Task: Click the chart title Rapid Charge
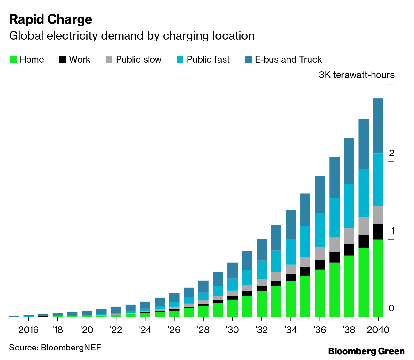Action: (50, 19)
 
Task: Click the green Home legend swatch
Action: (13, 60)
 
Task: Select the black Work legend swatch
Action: (63, 60)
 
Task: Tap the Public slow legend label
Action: (138, 60)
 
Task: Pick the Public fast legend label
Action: (208, 60)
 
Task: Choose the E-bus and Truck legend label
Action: (288, 60)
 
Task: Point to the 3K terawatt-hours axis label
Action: (356, 75)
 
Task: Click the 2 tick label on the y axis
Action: (391, 154)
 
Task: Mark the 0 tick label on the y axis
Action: (391, 309)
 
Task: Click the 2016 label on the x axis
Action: (28, 330)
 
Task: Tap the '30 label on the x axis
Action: (232, 330)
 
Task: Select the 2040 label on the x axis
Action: (378, 330)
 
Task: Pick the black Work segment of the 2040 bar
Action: (378, 232)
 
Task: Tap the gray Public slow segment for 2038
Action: (349, 236)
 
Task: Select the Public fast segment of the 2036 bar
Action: (320, 230)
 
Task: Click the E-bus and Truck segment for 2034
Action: (291, 225)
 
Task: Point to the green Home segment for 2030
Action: (232, 308)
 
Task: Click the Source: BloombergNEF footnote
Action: (55, 348)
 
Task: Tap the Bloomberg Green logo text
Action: (366, 351)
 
